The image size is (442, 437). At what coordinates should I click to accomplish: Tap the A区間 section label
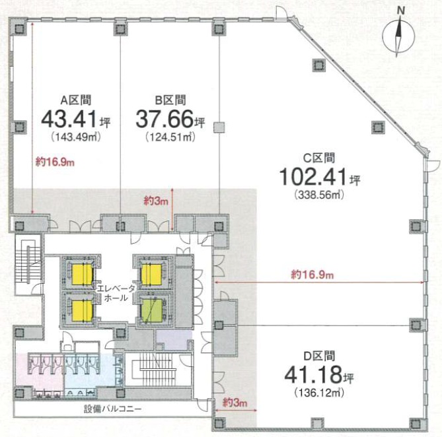click(x=76, y=100)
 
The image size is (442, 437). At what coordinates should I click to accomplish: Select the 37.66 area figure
click(x=165, y=119)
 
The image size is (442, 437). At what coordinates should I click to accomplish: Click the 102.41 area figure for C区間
click(x=313, y=176)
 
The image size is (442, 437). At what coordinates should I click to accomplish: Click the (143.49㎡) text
click(x=76, y=137)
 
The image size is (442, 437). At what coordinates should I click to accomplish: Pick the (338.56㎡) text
click(x=319, y=195)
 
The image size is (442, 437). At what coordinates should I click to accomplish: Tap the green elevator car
click(x=151, y=310)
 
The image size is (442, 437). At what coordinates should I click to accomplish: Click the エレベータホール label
click(x=116, y=293)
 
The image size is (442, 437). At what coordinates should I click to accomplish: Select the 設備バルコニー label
click(x=113, y=409)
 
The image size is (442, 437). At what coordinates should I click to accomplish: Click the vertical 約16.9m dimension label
click(x=55, y=162)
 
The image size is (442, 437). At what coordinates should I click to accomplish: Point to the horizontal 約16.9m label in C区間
click(x=312, y=275)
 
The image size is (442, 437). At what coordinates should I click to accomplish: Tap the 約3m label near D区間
click(x=235, y=403)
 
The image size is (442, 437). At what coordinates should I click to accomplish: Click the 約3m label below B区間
click(x=156, y=201)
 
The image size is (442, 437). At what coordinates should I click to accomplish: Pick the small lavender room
click(x=174, y=339)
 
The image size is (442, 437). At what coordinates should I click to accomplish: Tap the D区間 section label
click(x=319, y=356)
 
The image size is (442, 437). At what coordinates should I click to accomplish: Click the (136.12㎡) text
click(x=319, y=393)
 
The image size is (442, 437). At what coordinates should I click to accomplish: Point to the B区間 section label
click(x=170, y=100)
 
